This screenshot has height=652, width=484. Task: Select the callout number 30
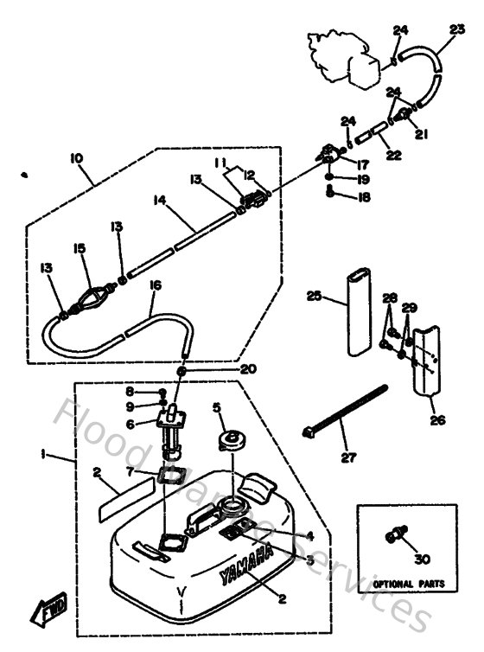422,560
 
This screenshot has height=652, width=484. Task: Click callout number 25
315,296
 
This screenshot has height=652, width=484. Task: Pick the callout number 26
438,421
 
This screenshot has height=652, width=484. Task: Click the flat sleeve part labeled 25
357,312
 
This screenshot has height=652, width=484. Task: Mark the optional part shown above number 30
397,536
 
